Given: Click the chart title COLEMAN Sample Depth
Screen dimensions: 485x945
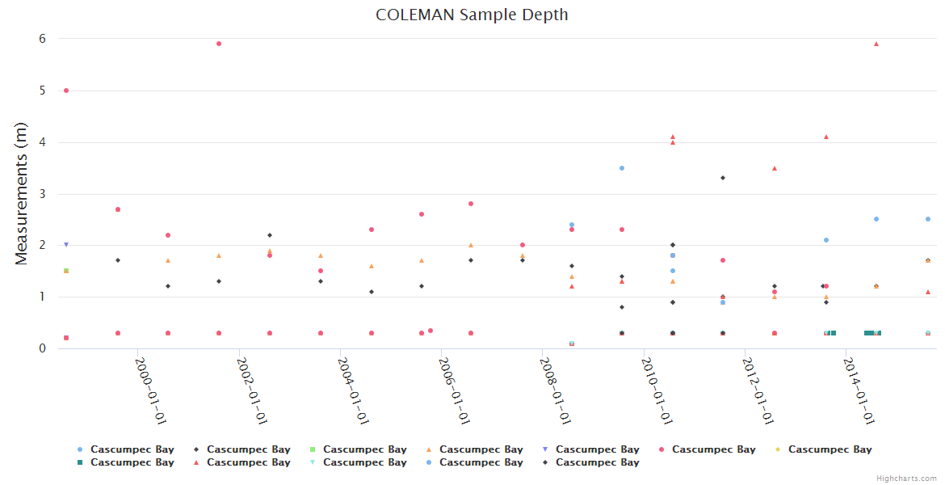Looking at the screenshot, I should pyautogui.click(x=472, y=15).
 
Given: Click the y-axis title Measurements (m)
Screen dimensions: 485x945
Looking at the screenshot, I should pyautogui.click(x=22, y=193).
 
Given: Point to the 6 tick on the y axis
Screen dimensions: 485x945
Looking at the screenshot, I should pyautogui.click(x=42, y=39).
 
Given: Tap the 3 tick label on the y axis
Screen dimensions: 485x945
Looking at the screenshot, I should pyautogui.click(x=42, y=194).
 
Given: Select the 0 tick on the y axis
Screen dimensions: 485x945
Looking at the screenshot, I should pyautogui.click(x=42, y=348).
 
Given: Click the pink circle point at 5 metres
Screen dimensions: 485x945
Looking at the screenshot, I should pyautogui.click(x=66, y=91).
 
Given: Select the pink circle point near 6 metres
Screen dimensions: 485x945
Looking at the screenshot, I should pyautogui.click(x=219, y=44).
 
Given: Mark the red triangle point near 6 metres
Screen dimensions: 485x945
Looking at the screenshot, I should pyautogui.click(x=876, y=44).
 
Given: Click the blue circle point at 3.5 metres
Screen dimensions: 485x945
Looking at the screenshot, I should pyautogui.click(x=622, y=168).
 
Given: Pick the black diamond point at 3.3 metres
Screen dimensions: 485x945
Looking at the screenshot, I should pyautogui.click(x=723, y=178).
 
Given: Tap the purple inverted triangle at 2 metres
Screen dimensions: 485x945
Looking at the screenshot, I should pyautogui.click(x=66, y=244).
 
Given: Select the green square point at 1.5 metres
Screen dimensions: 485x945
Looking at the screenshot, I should pyautogui.click(x=66, y=271).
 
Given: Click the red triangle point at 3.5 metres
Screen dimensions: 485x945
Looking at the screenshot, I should pyautogui.click(x=775, y=168).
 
